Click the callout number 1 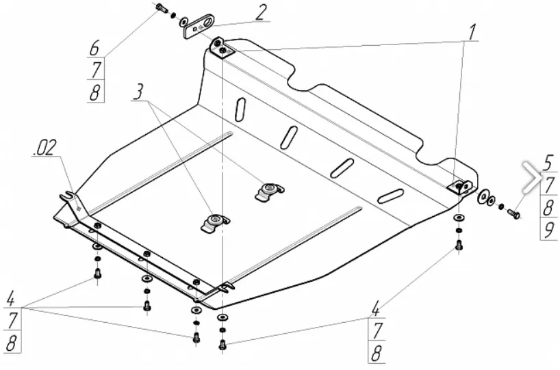472,31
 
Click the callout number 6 95,48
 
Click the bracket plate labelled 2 197,25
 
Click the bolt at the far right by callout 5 514,213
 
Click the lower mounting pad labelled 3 214,222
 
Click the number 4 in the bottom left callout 12,299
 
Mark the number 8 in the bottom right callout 376,353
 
